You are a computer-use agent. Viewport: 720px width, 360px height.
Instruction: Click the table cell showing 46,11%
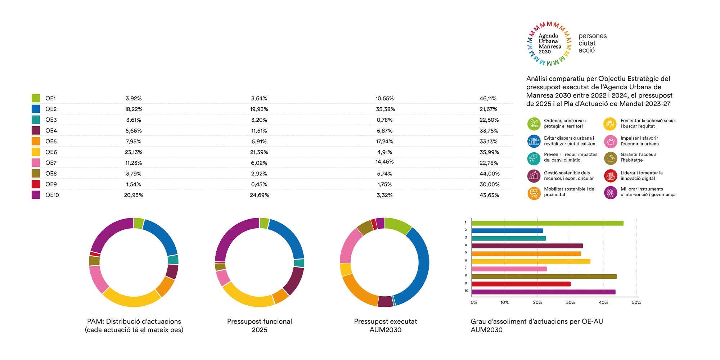coord(488,98)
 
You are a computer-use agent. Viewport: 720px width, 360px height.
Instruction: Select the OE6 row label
coord(51,152)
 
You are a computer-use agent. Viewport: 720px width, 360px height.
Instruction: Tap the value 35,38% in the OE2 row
coord(385,109)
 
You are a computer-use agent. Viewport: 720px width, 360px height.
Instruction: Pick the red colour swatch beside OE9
coord(36,184)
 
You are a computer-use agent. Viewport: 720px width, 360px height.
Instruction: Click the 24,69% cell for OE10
coord(259,195)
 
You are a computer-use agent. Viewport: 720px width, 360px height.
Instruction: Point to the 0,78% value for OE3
coord(384,120)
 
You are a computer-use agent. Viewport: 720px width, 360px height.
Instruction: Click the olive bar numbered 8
coord(544,276)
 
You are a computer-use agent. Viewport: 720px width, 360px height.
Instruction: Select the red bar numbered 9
coord(521,284)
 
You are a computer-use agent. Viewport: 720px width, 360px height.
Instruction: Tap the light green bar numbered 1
coord(547,223)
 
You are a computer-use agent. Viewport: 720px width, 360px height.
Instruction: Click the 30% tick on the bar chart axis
coord(570,302)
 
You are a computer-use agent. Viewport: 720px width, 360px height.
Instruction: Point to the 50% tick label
coord(636,302)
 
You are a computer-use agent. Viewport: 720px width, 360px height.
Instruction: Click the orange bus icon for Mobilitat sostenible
coord(534,193)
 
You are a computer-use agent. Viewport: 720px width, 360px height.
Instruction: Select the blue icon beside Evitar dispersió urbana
coord(534,141)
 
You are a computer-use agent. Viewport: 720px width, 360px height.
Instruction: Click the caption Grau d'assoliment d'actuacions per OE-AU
coord(536,321)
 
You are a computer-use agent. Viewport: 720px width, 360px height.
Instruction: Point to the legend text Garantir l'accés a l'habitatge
coord(638,157)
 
